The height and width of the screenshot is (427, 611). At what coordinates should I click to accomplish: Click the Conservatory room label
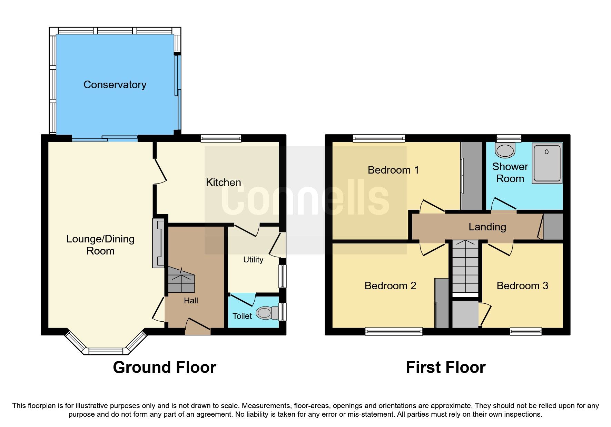tap(115, 85)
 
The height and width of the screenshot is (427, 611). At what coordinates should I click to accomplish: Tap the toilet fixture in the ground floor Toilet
tap(267, 313)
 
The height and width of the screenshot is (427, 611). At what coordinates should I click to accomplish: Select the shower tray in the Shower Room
tap(547, 163)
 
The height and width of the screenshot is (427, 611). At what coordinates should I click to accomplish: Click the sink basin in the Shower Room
tap(505, 150)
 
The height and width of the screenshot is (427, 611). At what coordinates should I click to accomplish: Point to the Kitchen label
tap(223, 183)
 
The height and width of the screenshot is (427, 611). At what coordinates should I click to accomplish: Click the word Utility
tap(253, 260)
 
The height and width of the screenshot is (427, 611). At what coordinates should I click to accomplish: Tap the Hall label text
tap(191, 301)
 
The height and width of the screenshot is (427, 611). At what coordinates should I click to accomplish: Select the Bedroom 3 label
tap(522, 286)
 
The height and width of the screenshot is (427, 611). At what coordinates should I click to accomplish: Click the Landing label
tap(487, 227)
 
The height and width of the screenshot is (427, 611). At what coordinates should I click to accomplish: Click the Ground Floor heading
tap(165, 367)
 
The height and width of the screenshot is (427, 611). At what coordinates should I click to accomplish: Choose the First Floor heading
tap(445, 367)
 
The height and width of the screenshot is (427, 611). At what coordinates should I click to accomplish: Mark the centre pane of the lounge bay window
tap(106, 351)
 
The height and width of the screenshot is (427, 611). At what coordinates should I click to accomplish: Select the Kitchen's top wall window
tap(221, 138)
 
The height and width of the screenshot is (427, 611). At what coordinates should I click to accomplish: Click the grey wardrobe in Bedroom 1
tap(472, 176)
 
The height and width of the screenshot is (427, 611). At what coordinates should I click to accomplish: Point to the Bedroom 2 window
tap(394, 332)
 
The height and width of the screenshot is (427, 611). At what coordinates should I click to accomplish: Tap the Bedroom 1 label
tap(393, 170)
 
